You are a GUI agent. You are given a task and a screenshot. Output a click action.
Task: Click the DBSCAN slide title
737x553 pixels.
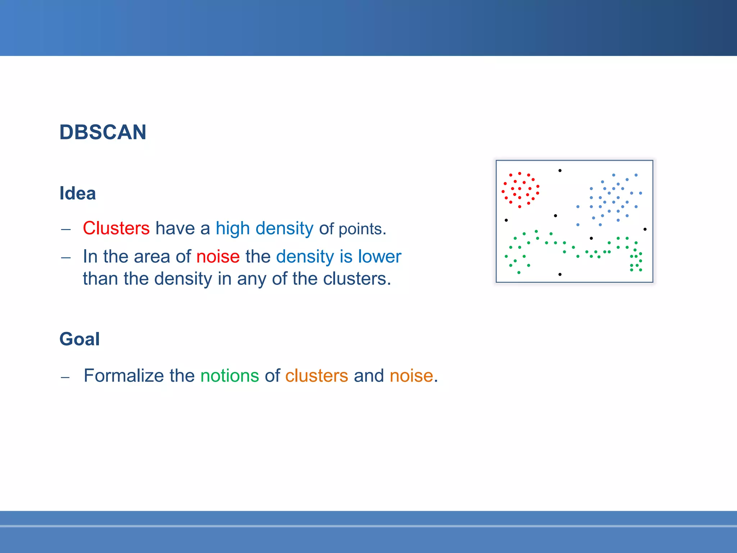[x=103, y=132]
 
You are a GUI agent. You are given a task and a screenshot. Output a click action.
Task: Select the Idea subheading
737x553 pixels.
[x=77, y=193]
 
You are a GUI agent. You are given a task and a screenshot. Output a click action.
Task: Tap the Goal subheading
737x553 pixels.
[x=79, y=339]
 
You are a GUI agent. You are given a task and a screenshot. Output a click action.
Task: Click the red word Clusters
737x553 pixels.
[x=116, y=228]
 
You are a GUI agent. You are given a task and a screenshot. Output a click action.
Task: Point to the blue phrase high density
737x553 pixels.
[x=264, y=228]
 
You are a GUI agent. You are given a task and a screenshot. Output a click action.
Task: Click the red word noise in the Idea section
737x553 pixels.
[x=218, y=257]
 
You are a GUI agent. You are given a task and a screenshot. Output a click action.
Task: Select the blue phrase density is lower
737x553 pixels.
[x=338, y=257]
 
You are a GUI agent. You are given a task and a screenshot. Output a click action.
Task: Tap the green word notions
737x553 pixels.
[x=230, y=376]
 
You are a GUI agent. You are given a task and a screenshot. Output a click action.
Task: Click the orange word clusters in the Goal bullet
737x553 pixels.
[x=316, y=376]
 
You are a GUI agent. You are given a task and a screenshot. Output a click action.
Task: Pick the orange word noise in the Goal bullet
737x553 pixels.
[x=411, y=376]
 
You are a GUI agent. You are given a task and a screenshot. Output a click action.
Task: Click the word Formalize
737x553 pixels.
[x=124, y=376]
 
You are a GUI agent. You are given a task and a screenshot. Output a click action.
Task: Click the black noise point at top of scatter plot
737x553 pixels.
[x=560, y=171]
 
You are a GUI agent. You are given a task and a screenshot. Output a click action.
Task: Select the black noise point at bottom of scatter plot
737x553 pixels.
[x=560, y=274]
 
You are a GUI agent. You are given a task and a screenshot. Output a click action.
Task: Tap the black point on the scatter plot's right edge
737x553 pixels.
[x=645, y=229]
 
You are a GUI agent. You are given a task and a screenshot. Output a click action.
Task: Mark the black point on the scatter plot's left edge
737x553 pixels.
[x=506, y=220]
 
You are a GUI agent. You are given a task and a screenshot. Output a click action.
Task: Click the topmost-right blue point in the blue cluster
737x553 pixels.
[x=636, y=175]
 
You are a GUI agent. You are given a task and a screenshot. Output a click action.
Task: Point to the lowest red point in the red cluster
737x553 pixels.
[x=519, y=207]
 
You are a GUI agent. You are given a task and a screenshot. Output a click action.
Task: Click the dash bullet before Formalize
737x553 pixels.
[x=65, y=377]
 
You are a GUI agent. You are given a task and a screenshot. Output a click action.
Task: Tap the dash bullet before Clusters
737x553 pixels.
[x=66, y=229]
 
